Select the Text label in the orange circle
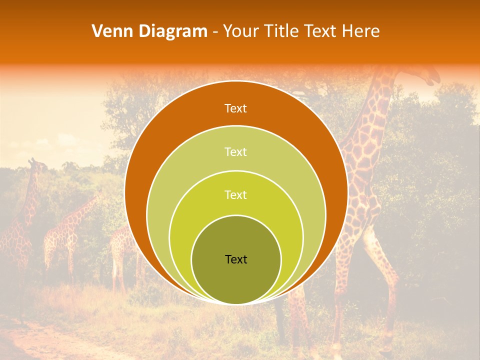(235, 108)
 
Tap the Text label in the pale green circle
(235, 151)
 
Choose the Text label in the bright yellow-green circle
(235, 194)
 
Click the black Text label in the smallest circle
(236, 259)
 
